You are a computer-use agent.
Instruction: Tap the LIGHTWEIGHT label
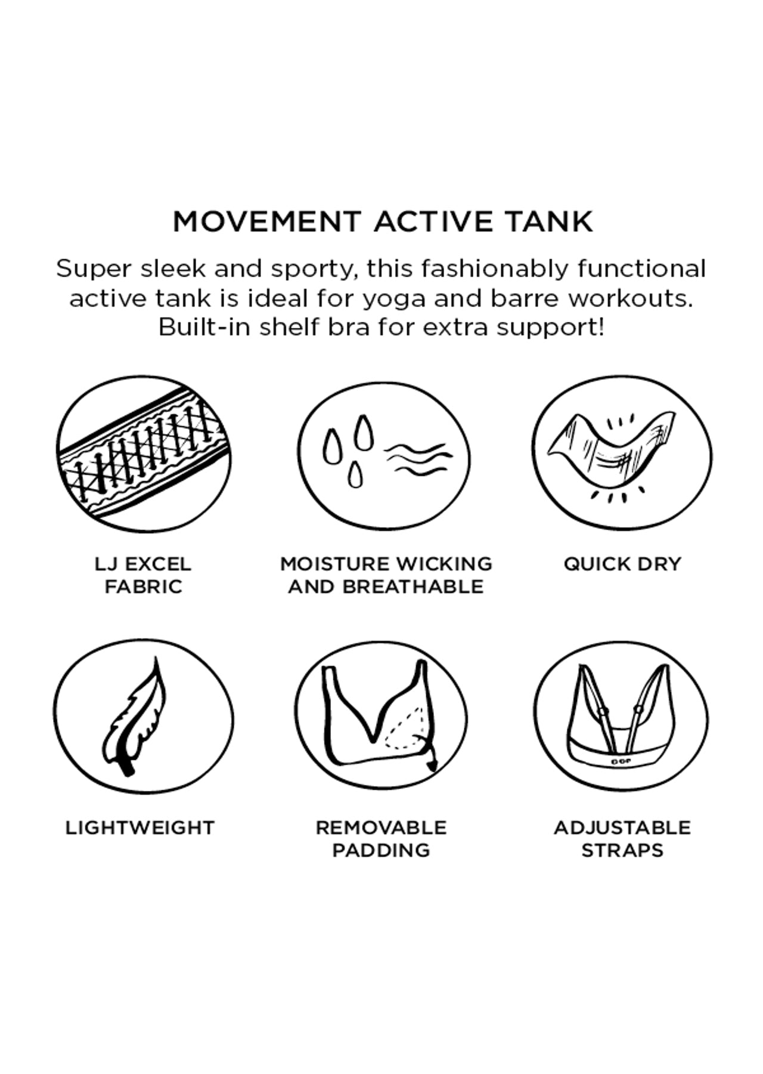140,828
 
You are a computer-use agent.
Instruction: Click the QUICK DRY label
622,564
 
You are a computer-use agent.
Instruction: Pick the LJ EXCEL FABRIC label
143,575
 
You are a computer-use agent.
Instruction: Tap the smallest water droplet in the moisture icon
355,475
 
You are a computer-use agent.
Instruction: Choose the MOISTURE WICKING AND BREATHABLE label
386,575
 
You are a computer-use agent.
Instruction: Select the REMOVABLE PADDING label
381,838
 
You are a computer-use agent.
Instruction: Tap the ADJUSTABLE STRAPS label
622,838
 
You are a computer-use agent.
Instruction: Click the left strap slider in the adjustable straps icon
604,712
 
